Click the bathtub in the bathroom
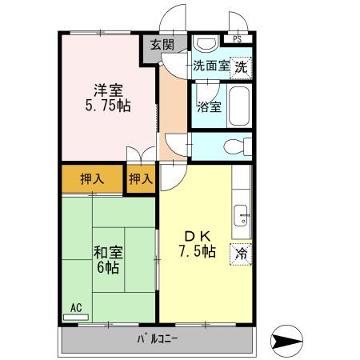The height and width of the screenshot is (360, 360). tap(239, 106)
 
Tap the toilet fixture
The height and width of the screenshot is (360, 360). tap(234, 146)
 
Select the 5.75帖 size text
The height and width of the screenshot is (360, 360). tap(109, 106)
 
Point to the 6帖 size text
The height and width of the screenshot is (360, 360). tap(107, 268)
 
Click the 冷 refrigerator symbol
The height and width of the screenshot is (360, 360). tap(241, 254)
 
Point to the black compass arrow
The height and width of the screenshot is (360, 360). tap(287, 339)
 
